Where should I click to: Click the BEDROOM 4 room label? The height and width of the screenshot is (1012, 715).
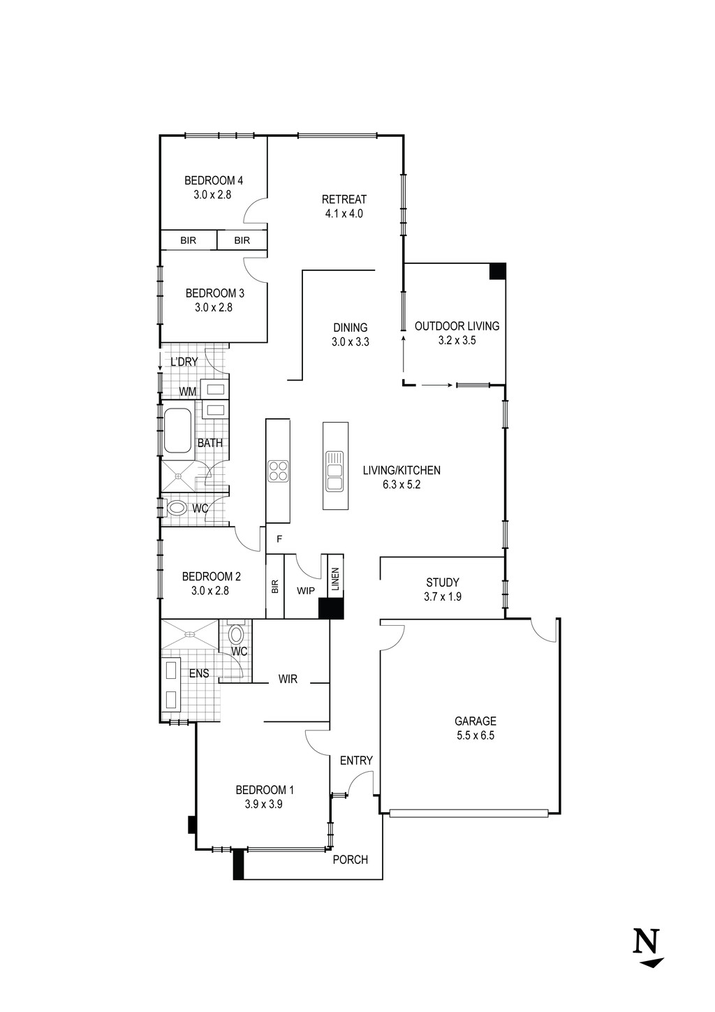click(214, 182)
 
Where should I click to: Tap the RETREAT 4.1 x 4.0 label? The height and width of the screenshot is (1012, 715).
click(344, 206)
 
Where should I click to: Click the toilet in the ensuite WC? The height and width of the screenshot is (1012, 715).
click(237, 635)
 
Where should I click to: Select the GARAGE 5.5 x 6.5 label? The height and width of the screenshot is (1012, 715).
click(475, 728)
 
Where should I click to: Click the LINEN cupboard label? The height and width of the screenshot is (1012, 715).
click(334, 580)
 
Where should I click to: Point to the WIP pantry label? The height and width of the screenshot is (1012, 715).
click(306, 591)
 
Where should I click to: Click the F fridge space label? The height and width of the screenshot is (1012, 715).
click(279, 539)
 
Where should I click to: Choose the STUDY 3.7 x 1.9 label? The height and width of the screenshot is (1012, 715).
click(442, 589)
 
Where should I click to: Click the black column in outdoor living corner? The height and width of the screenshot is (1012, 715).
click(497, 271)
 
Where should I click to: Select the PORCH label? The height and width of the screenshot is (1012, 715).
click(351, 860)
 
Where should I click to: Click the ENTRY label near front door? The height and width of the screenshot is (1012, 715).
click(356, 761)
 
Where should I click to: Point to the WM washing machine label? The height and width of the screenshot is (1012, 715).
click(187, 392)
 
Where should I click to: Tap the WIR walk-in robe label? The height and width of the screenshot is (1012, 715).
click(288, 679)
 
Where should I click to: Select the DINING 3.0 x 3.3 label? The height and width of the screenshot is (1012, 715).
click(350, 335)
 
